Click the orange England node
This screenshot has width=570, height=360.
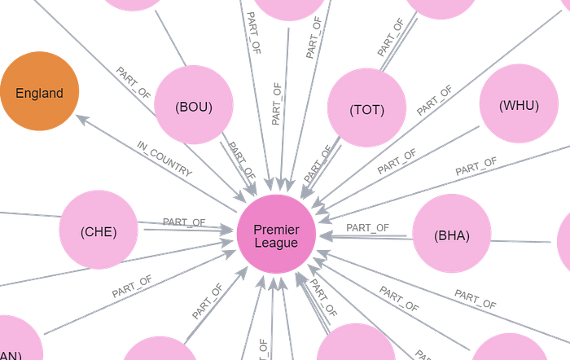[39, 93]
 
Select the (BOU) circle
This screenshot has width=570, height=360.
[194, 107]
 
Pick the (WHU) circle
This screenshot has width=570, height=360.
[519, 105]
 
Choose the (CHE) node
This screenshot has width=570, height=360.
[99, 231]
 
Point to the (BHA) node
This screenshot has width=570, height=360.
[450, 236]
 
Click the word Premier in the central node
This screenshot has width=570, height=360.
[276, 230]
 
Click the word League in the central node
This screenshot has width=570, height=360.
[276, 243]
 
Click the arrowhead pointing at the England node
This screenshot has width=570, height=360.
[81, 118]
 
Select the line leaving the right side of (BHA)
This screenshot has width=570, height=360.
[529, 241]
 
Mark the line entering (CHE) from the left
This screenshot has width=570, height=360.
[28, 215]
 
